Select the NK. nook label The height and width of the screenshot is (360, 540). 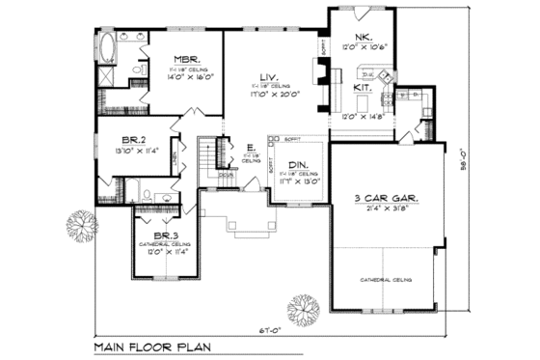(363, 37)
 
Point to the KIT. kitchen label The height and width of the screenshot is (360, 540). (363, 87)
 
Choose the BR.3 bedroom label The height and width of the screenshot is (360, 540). (165, 235)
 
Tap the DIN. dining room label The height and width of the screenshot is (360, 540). (298, 164)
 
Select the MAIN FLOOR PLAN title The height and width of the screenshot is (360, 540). (154, 346)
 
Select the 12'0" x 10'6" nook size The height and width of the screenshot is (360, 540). (364, 46)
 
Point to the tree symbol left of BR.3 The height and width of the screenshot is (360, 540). (81, 227)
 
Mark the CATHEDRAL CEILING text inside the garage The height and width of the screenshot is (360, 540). (386, 280)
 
